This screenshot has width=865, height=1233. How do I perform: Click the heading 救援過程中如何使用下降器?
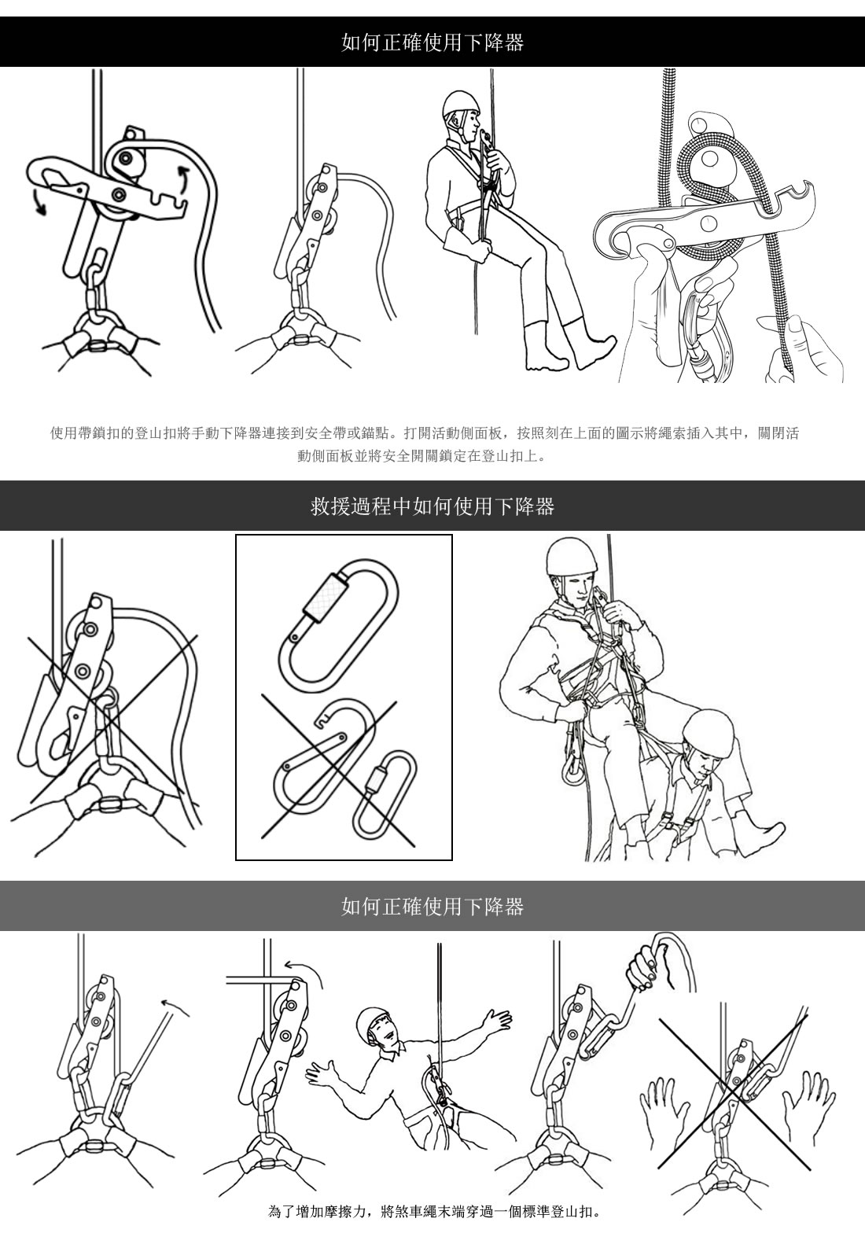[x=432, y=506]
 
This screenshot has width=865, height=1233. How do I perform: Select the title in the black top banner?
[x=432, y=42]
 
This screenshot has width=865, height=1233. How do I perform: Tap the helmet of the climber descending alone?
[x=462, y=104]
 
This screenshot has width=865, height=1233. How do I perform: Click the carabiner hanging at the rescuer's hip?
[x=571, y=766]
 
